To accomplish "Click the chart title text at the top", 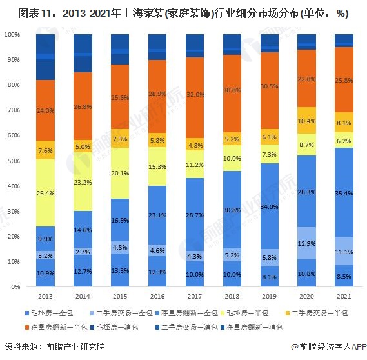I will coord(183,12).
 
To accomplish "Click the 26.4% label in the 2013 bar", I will coord(45,192).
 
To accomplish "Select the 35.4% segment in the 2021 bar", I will coord(344,192).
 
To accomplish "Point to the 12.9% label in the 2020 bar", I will coord(306,243).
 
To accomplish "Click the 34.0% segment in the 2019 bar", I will coord(269,206).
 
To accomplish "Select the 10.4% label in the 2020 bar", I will coord(306,121).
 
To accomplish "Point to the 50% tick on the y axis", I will coord(14,161).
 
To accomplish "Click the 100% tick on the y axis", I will coord(13,34).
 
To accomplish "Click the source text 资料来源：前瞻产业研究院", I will coord(54,346).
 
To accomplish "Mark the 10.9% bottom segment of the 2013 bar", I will coord(45,273).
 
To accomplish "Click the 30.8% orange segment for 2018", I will coord(232,90).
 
